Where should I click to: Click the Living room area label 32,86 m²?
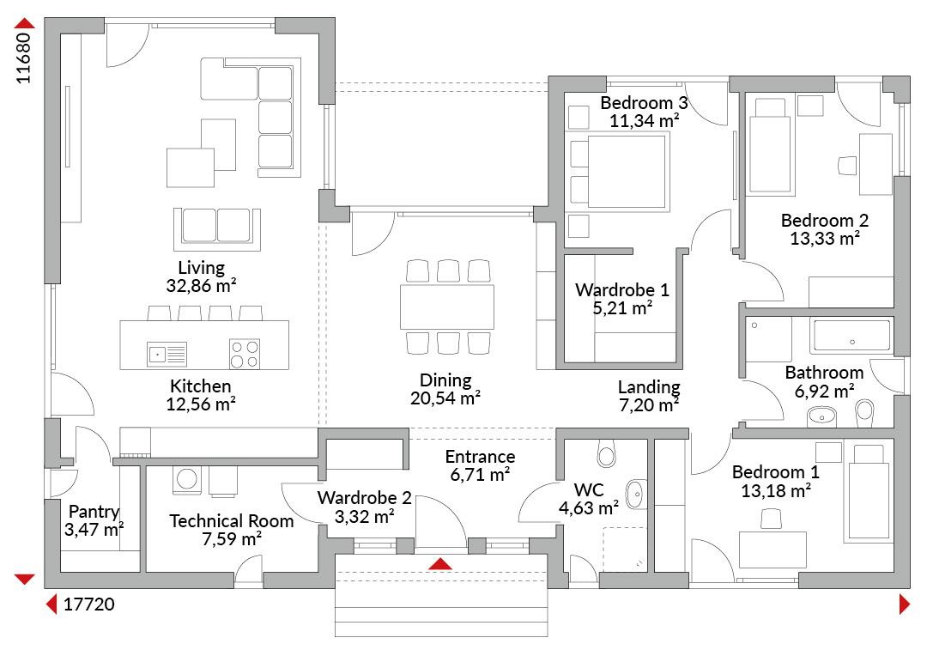pos(201,285)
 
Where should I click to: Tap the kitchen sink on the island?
pos(167,354)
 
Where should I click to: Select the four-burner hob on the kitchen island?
pos(245,354)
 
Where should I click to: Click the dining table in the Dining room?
pos(447,307)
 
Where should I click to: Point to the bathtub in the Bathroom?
pos(852,336)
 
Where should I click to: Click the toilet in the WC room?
pos(607,453)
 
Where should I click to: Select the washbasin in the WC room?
pos(635,494)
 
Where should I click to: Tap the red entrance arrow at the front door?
pos(440,563)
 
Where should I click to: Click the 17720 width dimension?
pos(88,604)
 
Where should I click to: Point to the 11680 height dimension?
pos(23,58)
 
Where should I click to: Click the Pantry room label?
pos(94,511)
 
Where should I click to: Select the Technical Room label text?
pos(232,521)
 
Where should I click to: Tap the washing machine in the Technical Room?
pos(187,480)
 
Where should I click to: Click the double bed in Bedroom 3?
pos(618,172)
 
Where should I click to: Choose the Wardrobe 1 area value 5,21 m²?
pos(622,307)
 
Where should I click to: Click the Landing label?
pos(649,387)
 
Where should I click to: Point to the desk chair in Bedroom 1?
pos(771,519)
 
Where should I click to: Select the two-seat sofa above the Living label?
pos(217,229)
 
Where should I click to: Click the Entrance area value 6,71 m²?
pos(480,475)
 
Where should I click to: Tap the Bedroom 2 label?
pos(825,221)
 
